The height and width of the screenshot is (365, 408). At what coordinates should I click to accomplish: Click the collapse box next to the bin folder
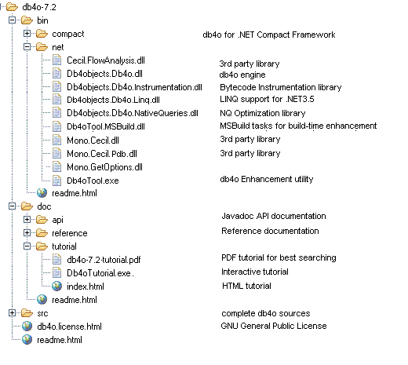click(x=12, y=20)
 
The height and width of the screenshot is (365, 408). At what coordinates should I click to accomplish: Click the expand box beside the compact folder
click(x=27, y=34)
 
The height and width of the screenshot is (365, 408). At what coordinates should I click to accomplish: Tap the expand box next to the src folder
click(x=12, y=313)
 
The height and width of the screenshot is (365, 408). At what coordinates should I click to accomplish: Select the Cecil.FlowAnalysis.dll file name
click(x=106, y=60)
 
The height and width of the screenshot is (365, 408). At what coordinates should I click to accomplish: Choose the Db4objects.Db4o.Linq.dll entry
click(x=113, y=100)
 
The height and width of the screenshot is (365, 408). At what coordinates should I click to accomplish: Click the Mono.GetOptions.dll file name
click(x=104, y=167)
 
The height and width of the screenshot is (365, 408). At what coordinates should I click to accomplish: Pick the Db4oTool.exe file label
click(x=93, y=181)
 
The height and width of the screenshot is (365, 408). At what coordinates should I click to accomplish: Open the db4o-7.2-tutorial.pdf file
click(x=104, y=260)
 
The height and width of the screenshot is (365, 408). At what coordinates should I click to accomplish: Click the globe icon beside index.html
click(x=56, y=287)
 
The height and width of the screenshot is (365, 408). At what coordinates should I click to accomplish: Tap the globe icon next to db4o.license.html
click(x=27, y=327)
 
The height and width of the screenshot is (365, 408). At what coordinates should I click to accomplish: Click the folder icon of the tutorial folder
click(x=42, y=246)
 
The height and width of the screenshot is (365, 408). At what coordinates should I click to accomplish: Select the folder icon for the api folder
click(x=42, y=219)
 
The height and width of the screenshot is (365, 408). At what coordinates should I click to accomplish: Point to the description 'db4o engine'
click(x=242, y=75)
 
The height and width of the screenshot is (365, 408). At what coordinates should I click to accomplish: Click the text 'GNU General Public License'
click(x=274, y=326)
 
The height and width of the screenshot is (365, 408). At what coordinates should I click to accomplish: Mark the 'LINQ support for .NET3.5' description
click(x=267, y=99)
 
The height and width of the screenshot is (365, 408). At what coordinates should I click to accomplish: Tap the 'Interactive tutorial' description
click(x=255, y=272)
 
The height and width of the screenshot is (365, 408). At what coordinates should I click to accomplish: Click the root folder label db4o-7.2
click(x=39, y=7)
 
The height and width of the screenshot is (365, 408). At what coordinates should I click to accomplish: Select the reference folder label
click(x=70, y=233)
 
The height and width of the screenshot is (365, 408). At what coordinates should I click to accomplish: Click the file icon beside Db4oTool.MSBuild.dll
click(x=56, y=126)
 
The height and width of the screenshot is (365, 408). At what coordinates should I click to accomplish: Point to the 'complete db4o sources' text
click(x=266, y=313)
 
